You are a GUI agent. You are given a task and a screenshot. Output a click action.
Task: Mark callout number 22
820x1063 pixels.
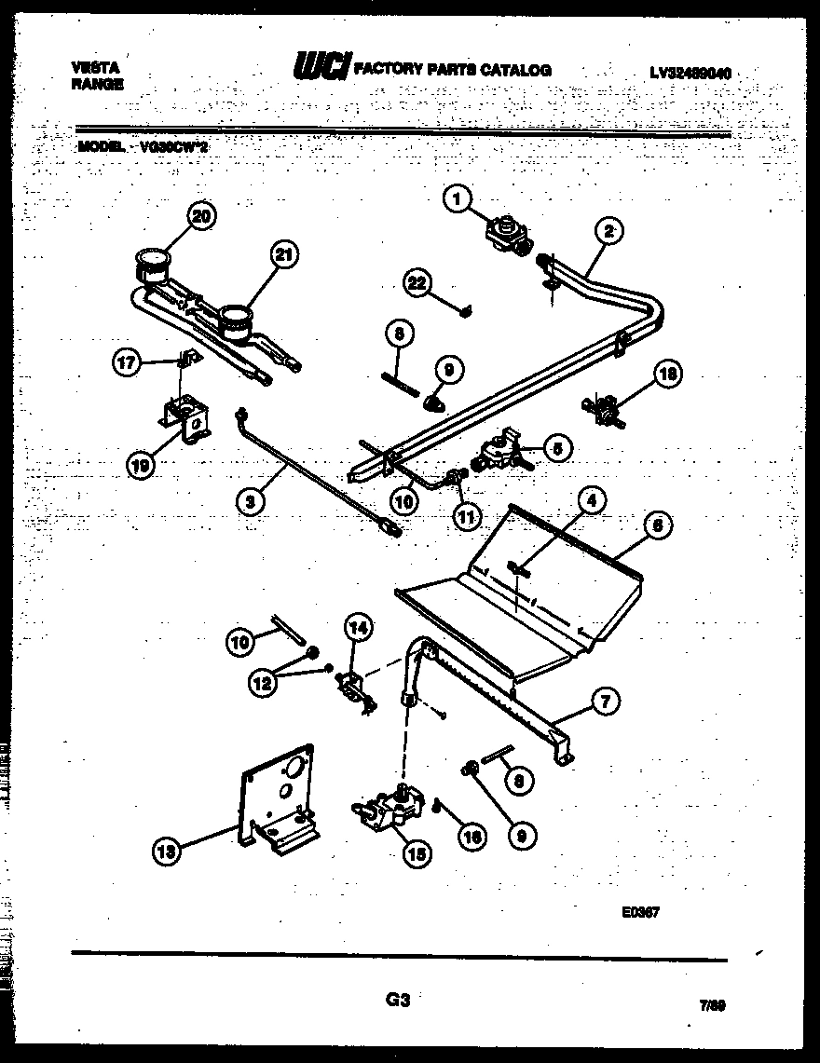(x=417, y=283)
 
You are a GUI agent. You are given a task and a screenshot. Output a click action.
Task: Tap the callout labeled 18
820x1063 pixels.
(x=668, y=375)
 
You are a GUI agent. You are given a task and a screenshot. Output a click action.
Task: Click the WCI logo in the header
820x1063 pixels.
(x=321, y=68)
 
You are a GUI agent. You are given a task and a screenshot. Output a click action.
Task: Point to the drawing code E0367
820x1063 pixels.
(x=640, y=914)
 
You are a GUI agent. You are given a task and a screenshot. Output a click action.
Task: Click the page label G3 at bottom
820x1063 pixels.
(x=398, y=1001)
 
